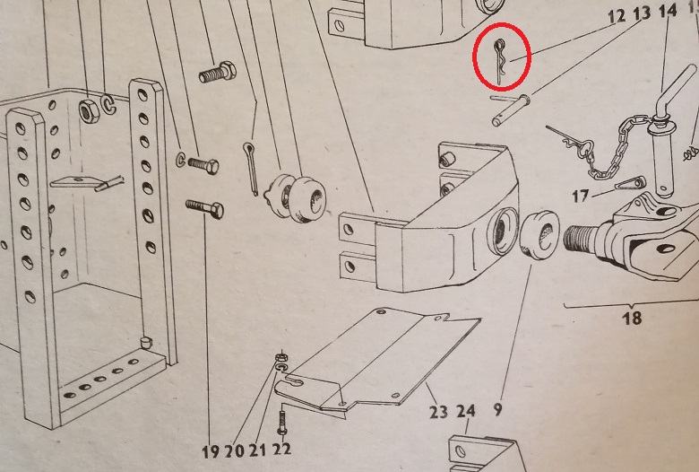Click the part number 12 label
tap(617, 16)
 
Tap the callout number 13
tap(642, 13)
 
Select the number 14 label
tap(668, 11)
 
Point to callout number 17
tap(580, 196)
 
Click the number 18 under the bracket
tap(632, 318)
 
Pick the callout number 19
tap(211, 451)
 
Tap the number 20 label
tap(235, 451)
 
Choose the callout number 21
tap(257, 450)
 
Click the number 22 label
tap(281, 449)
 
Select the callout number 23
tap(438, 412)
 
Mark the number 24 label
tap(465, 411)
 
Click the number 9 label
tap(498, 409)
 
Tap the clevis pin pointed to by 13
tap(511, 109)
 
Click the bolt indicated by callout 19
tap(204, 208)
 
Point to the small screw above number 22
tap(282, 422)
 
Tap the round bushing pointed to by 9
tap(539, 236)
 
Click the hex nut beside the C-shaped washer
tap(90, 110)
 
